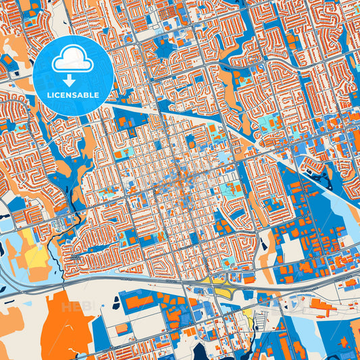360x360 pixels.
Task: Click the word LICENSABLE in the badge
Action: [73, 95]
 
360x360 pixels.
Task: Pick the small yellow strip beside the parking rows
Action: [248, 316]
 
